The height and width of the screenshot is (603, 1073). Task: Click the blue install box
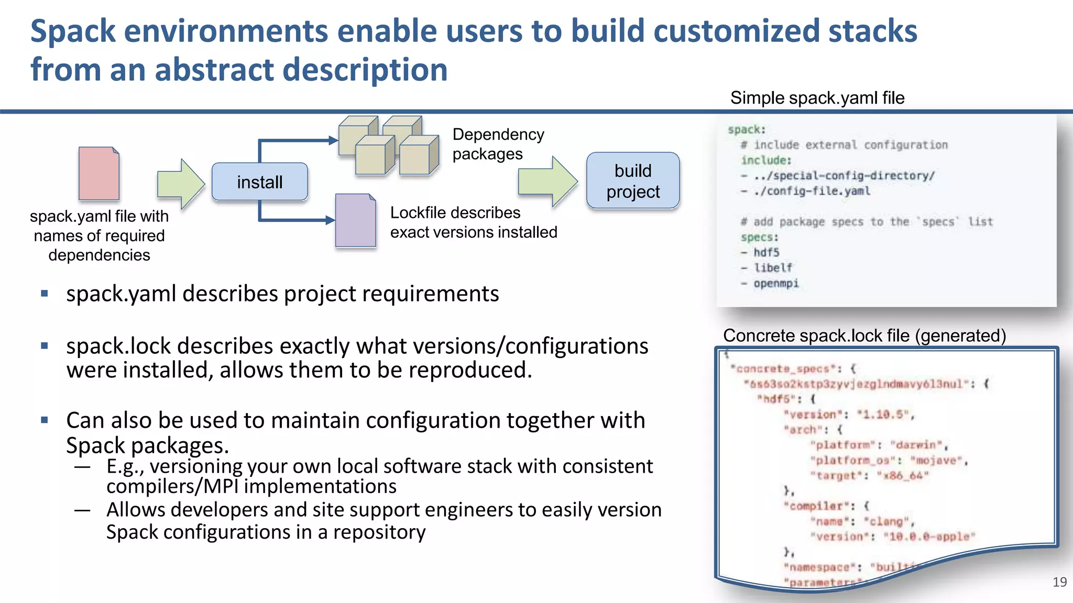259,182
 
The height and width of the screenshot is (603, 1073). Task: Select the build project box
633,181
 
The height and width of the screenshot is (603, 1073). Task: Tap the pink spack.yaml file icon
99,174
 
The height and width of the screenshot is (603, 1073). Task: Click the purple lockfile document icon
356,220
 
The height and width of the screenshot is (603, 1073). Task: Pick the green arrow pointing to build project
548,181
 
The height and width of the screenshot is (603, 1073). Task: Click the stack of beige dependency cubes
388,146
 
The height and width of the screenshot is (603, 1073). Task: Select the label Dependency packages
498,144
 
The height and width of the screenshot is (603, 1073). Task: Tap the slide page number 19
1059,582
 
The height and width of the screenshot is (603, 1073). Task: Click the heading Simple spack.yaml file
817,98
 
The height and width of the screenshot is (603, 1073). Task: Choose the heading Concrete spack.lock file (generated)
864,336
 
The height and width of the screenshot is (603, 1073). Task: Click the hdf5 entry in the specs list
767,252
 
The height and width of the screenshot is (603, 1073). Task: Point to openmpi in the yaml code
776,283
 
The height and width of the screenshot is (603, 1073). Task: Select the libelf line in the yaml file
773,267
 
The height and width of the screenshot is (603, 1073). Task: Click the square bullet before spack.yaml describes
45,294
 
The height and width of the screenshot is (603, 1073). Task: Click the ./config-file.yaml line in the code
812,191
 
